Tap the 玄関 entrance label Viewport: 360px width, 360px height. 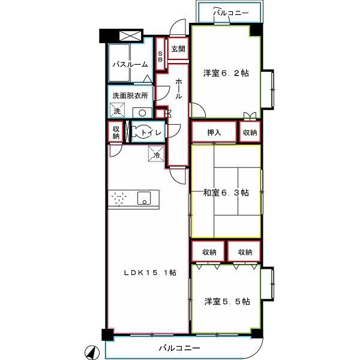pos(178,49)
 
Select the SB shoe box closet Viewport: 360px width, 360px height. pos(160,54)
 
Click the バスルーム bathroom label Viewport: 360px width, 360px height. pos(130,65)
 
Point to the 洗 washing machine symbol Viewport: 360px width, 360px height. pos(117,110)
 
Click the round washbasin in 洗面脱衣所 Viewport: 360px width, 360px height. pos(142,113)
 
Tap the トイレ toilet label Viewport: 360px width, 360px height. pos(151,133)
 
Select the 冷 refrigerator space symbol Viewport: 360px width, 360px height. pos(157,154)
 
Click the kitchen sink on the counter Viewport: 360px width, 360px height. pos(144,198)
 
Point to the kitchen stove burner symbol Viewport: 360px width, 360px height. pos(119,198)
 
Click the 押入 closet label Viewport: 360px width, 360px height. pos(214,132)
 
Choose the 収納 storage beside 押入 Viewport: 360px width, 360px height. pos(250,132)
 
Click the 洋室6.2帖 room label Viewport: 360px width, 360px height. pos(226,73)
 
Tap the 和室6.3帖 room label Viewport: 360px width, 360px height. pos(226,193)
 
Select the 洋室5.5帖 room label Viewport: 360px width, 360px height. pos(227,301)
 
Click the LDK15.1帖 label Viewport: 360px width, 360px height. pos(150,273)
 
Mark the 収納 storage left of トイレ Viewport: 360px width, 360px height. pos(116,132)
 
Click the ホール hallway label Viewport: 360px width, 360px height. pos(179,89)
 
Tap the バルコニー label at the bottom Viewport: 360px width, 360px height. pos(179,348)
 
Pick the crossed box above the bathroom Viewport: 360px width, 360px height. pos(130,36)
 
